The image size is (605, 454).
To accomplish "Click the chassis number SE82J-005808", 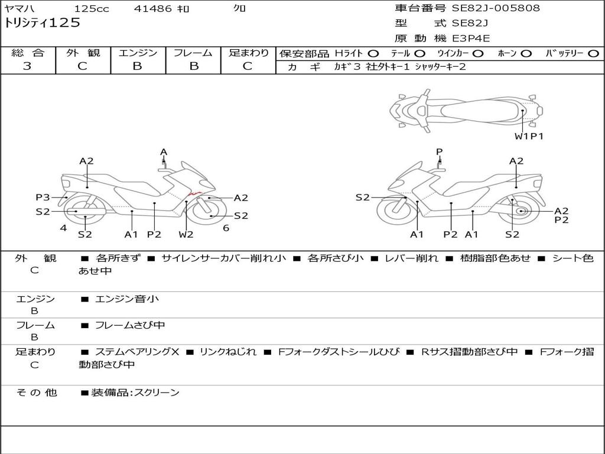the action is tap(496, 8).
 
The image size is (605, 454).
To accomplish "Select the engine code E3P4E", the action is tap(471, 38).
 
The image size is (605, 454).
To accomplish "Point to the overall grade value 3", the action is tap(27, 66).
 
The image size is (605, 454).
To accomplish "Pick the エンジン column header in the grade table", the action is tap(138, 53).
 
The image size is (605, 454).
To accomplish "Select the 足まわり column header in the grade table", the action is tap(249, 53).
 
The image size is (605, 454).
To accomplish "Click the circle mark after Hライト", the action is tap(373, 54).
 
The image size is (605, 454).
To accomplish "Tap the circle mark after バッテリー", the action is tap(593, 54).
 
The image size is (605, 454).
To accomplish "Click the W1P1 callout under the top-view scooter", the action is tap(529, 137).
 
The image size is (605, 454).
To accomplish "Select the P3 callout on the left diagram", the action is tap(43, 197).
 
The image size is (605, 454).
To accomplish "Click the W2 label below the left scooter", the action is tap(186, 235).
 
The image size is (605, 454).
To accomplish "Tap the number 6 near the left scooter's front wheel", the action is tap(226, 228).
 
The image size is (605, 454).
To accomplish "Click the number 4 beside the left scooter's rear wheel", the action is tap(63, 228).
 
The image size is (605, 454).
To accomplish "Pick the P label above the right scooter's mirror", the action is tap(439, 152).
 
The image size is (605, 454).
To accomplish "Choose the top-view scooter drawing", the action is tap(466, 109).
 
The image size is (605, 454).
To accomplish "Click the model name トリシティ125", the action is tap(42, 23).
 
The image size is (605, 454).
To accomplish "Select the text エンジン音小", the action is tap(127, 299).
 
